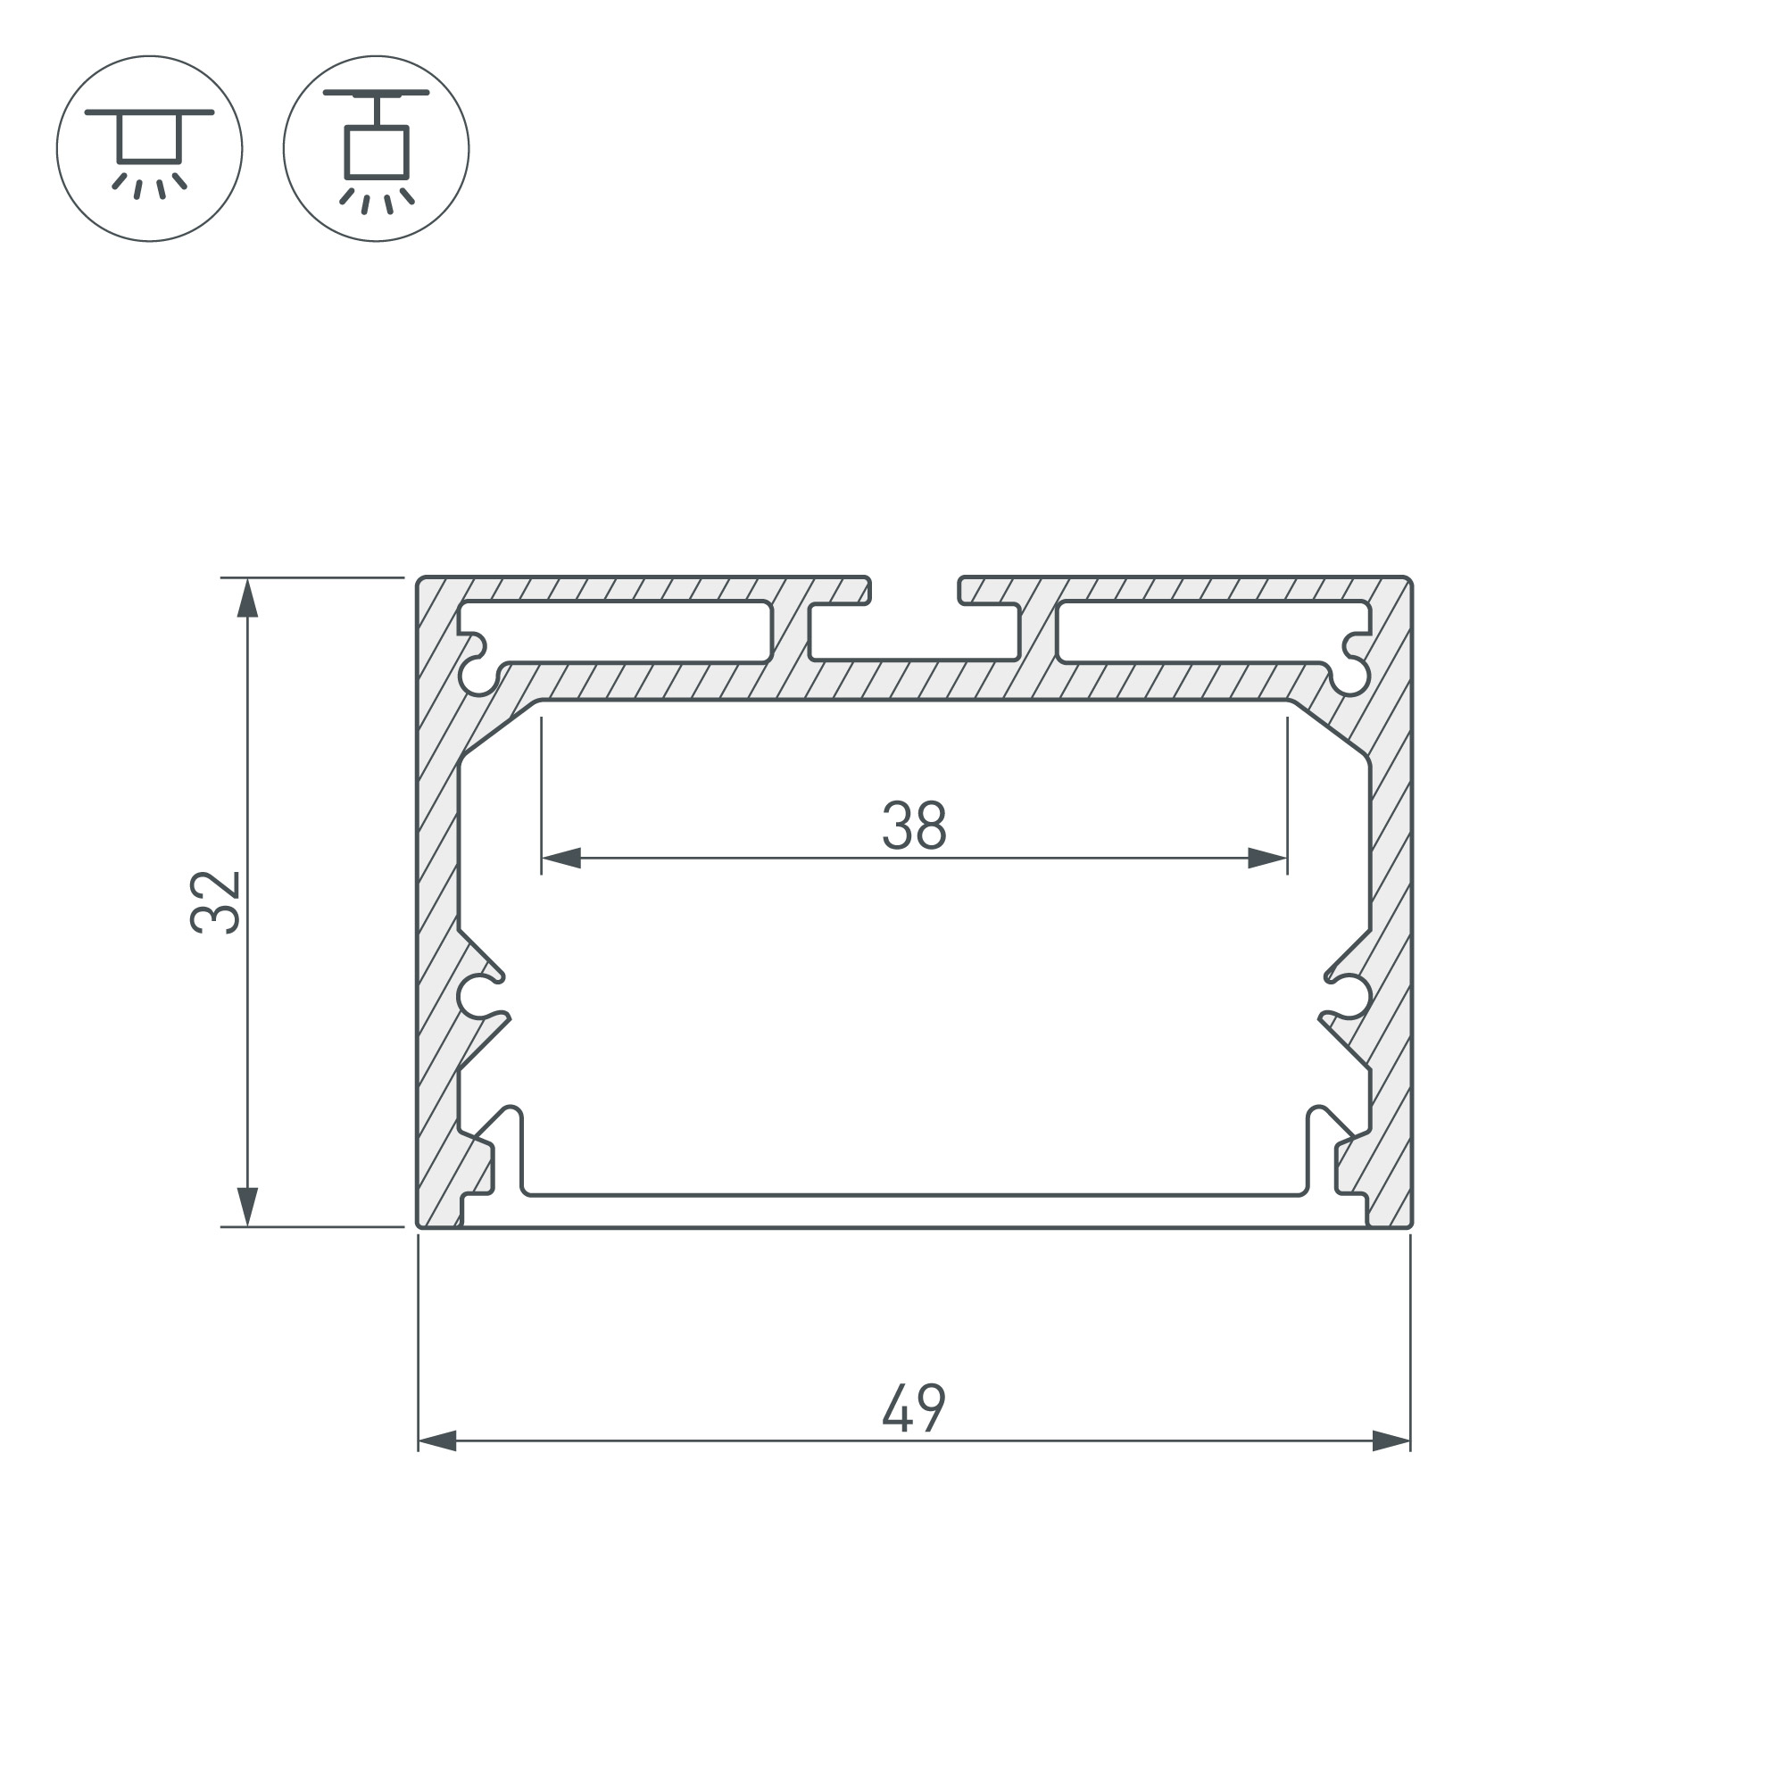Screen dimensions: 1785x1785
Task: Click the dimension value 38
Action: click(914, 825)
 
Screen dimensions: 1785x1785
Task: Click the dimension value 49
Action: click(914, 1407)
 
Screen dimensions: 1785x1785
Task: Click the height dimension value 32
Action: click(215, 901)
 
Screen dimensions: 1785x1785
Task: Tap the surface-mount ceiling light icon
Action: click(150, 149)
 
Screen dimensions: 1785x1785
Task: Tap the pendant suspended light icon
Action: click(376, 149)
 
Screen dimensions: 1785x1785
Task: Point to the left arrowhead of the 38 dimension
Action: click(560, 859)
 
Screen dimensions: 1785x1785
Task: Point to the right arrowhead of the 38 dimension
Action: click(1267, 859)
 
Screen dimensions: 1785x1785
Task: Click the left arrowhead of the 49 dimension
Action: click(437, 1440)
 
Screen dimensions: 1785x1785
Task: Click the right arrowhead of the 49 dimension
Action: click(1391, 1440)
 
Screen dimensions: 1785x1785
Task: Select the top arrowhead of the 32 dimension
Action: click(246, 598)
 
